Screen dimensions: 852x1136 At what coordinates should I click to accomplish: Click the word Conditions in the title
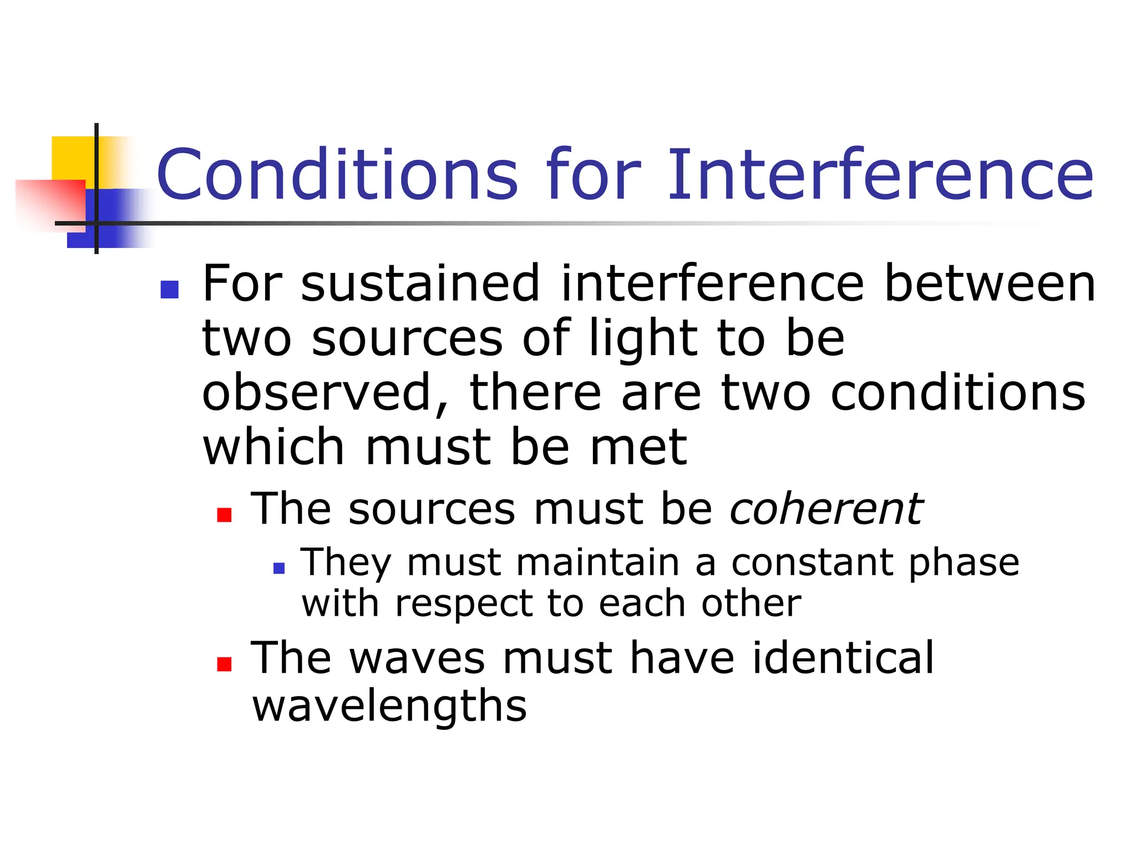[x=337, y=175]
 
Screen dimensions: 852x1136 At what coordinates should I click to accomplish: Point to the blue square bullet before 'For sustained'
[x=169, y=290]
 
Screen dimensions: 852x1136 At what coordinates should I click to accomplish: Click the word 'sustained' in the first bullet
[x=420, y=284]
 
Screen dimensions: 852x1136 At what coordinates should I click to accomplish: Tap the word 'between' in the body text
[x=990, y=284]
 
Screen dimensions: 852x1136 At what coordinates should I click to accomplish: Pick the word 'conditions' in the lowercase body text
[x=958, y=393]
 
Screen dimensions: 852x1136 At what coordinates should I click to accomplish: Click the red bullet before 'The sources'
[x=224, y=515]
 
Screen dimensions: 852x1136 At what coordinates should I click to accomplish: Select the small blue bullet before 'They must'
[x=279, y=568]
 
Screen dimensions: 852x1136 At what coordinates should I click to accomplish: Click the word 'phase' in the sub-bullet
[x=963, y=564]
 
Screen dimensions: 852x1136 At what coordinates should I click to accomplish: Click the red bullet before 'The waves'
[x=224, y=664]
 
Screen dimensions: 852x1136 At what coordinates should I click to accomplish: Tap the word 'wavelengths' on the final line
[x=389, y=707]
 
